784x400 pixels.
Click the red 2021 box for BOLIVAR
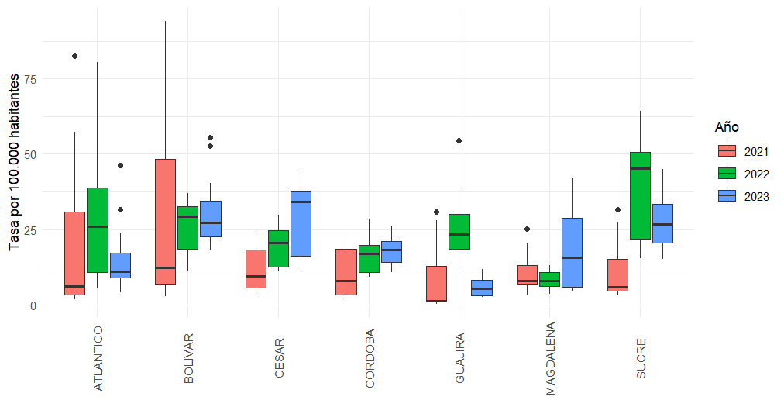pos(165,222)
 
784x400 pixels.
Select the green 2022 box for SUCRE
pos(640,195)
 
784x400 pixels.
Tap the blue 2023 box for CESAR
pos(301,223)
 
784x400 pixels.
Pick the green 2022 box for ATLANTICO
pos(98,230)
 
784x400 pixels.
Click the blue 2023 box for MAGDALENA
pos(572,253)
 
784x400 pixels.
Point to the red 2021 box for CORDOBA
pos(346,272)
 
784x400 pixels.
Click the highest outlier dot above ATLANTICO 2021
pos(74,56)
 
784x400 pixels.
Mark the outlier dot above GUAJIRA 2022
pos(459,140)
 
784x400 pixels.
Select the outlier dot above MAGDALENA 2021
pos(527,229)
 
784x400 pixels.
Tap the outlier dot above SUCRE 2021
pos(617,209)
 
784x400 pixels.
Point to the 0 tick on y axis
pos(33,305)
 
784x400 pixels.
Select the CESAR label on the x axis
pos(279,357)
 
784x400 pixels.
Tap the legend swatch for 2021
pos(727,150)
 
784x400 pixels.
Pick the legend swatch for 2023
pos(727,196)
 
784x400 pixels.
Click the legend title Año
pos(727,126)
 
